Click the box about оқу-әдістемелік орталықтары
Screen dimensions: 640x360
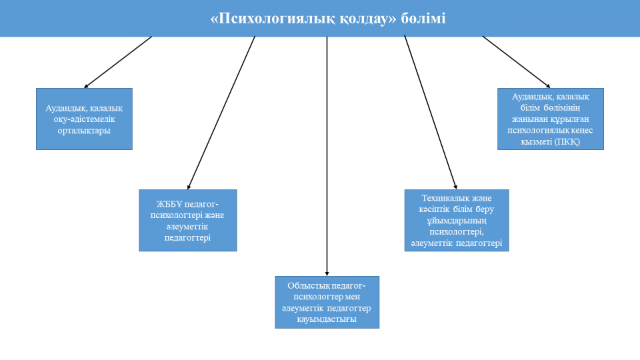click(84, 119)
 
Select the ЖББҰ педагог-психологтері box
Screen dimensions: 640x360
click(188, 220)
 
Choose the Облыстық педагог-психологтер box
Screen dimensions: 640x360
click(327, 302)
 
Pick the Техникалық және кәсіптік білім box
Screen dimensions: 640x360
click(456, 220)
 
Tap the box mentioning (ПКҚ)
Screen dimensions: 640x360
click(550, 119)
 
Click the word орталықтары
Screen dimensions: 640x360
click(84, 131)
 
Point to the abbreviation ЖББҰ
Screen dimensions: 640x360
click(169, 204)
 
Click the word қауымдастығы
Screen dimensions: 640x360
click(327, 319)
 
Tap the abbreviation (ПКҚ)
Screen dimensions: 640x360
click(567, 141)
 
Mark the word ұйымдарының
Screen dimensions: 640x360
click(456, 221)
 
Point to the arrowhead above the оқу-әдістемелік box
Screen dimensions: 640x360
click(86, 86)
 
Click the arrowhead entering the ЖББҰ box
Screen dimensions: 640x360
click(189, 187)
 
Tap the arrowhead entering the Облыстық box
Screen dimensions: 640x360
click(327, 273)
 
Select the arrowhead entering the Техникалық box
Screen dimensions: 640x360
click(455, 187)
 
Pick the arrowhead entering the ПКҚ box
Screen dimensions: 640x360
click(548, 86)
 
